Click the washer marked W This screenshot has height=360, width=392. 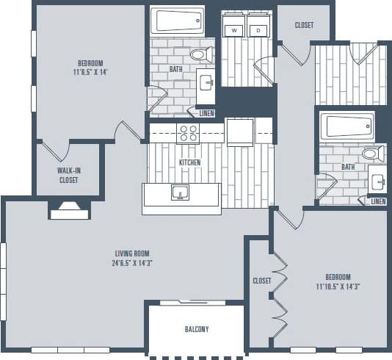[x=234, y=30]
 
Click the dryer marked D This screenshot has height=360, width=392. [x=258, y=30]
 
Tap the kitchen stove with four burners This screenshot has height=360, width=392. [x=188, y=133]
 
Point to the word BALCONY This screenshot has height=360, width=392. [x=196, y=329]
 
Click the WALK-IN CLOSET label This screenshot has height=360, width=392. [x=68, y=175]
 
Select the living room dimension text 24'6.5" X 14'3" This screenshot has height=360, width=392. [x=132, y=262]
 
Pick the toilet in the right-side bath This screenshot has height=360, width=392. [x=371, y=154]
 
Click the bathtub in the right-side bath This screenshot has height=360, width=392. [x=348, y=126]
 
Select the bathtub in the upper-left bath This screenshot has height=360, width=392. [x=177, y=21]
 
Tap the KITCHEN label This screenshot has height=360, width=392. [x=189, y=162]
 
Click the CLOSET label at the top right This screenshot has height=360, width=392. [x=304, y=25]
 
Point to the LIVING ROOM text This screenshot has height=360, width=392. [x=132, y=253]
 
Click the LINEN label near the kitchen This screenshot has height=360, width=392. [x=207, y=114]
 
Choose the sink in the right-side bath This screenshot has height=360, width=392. [x=378, y=181]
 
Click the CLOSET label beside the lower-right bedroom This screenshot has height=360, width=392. [x=262, y=281]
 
